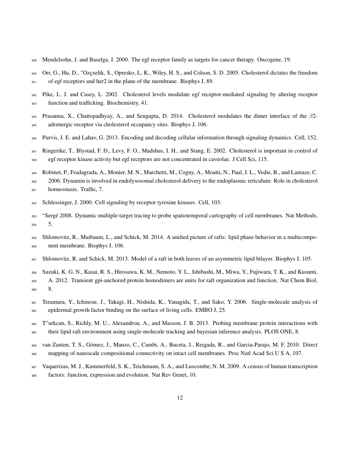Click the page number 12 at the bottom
pyautogui.click(x=180, y=397)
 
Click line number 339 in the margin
pyautogui.click(x=34, y=60)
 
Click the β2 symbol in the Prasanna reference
pyautogui.click(x=313, y=116)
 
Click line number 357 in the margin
pyautogui.click(x=34, y=259)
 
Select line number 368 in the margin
pyautogui.click(x=34, y=375)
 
